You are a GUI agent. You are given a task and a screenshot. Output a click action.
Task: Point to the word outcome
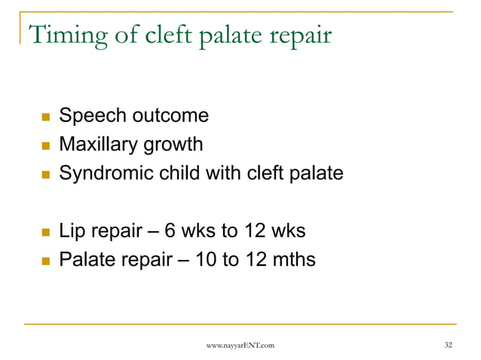point(169,116)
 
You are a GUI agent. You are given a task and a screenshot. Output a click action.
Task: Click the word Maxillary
point(98,145)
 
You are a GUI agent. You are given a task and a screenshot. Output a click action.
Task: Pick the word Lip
point(72,232)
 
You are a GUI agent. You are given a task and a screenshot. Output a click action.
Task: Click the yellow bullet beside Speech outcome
point(45,117)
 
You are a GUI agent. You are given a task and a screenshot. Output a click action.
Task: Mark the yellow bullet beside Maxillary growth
point(45,145)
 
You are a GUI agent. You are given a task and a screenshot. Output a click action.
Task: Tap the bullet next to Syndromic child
point(45,174)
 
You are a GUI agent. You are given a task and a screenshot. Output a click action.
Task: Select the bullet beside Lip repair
point(45,232)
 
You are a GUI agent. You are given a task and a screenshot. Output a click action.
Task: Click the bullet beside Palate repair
point(45,261)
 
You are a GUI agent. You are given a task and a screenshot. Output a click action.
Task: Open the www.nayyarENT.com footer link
point(240,345)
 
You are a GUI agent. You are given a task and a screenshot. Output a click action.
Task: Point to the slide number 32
point(449,345)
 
